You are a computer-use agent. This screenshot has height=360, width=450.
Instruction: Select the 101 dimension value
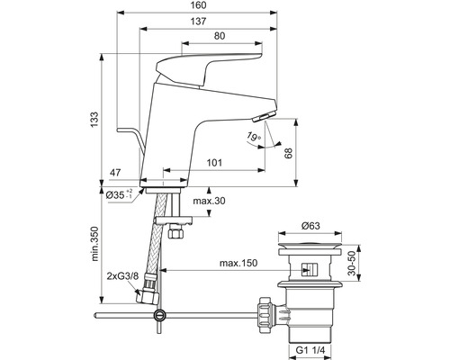point(213,163)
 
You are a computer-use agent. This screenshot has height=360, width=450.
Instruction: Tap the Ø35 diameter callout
point(121,194)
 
